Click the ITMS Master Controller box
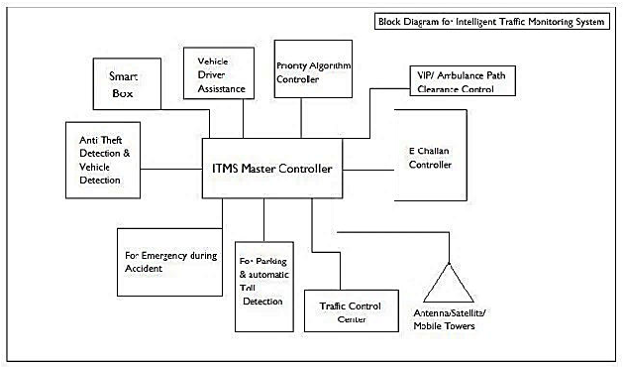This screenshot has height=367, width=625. pyautogui.click(x=272, y=168)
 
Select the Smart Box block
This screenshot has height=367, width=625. pyautogui.click(x=127, y=84)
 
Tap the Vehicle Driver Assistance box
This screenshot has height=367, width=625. pyautogui.click(x=219, y=73)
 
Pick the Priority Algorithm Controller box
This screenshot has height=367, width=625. pyautogui.click(x=313, y=68)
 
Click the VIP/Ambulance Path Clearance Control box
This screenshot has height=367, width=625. pyautogui.click(x=463, y=80)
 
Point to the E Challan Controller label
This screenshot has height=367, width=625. pyautogui.click(x=430, y=158)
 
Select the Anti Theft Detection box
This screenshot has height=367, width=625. pyautogui.click(x=103, y=160)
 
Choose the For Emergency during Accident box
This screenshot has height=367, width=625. pyautogui.click(x=169, y=262)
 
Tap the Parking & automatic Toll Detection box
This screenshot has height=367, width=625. pyautogui.click(x=264, y=287)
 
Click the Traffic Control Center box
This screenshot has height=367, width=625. pyautogui.click(x=352, y=310)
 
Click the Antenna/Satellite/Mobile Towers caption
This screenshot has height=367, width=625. pyautogui.click(x=450, y=319)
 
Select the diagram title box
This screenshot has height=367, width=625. pyautogui.click(x=492, y=21)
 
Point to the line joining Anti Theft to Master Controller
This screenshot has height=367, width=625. pyautogui.click(x=171, y=169)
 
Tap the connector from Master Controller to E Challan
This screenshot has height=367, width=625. pyautogui.click(x=368, y=171)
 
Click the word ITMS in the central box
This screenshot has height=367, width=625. pyautogui.click(x=225, y=169)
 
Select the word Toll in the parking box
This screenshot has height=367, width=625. pyautogui.click(x=248, y=288)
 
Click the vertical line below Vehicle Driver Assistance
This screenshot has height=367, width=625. pyautogui.click(x=243, y=119)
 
